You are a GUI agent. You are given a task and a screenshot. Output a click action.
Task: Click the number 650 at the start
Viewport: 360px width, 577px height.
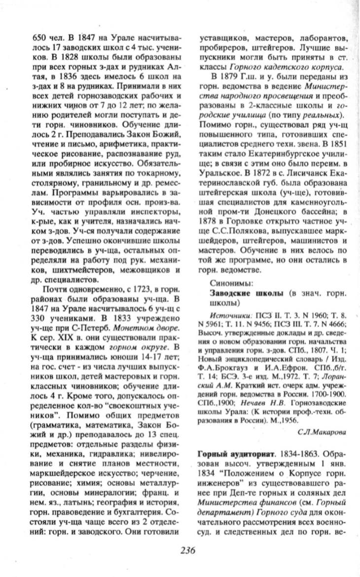39,37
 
